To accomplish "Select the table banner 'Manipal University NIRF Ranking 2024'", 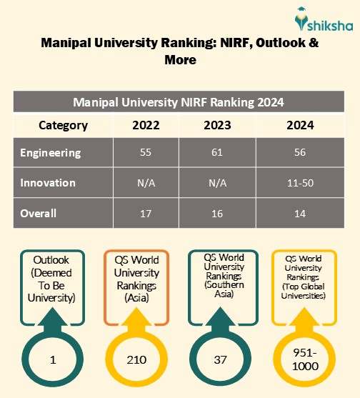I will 179,102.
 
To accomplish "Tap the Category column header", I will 63,125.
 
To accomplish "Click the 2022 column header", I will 146,125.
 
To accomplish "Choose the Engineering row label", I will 50,153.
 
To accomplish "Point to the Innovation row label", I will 48,183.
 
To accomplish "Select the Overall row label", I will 39,213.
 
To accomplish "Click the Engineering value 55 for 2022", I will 146,153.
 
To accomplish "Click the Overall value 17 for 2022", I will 146,213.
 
